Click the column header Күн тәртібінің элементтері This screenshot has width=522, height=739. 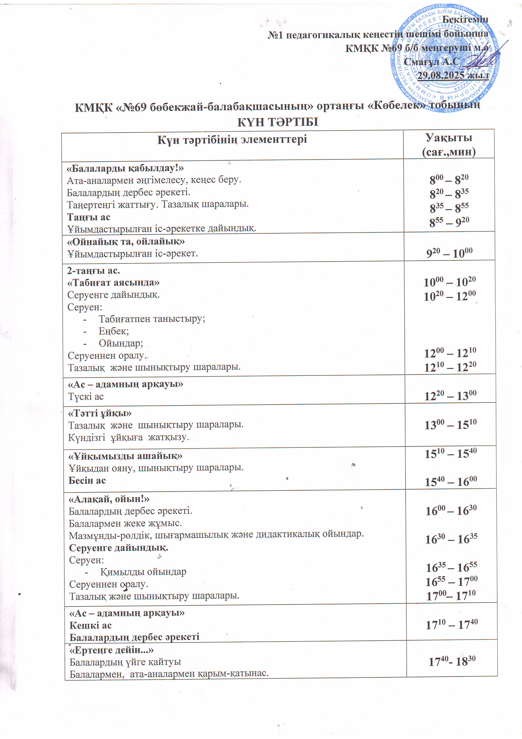point(232,139)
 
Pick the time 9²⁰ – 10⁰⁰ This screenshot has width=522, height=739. point(449,253)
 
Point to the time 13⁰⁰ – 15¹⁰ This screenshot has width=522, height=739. point(450,424)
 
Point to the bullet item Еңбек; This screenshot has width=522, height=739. point(113,331)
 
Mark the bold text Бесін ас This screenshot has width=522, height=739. point(87,480)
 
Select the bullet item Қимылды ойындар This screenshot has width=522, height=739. point(143,572)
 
